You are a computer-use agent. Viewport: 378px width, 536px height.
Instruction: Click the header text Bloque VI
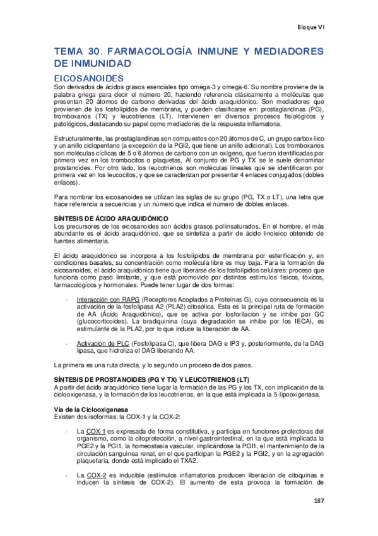pos(310,27)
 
